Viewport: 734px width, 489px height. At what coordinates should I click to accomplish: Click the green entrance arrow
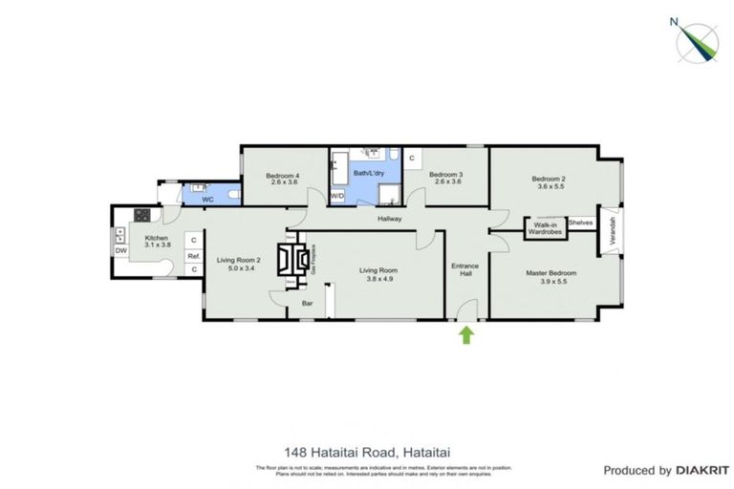(466, 334)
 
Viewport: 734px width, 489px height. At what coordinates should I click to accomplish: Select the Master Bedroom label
(551, 273)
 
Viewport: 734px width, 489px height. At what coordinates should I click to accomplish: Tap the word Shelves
(580, 223)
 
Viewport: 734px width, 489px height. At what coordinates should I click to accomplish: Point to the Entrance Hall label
(466, 269)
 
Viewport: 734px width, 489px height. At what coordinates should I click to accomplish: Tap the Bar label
(308, 304)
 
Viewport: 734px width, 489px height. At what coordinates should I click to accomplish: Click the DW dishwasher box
(121, 251)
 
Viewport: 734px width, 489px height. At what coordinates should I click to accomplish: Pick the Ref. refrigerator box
(193, 256)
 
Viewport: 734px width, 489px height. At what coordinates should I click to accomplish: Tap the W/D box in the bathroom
(337, 196)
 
